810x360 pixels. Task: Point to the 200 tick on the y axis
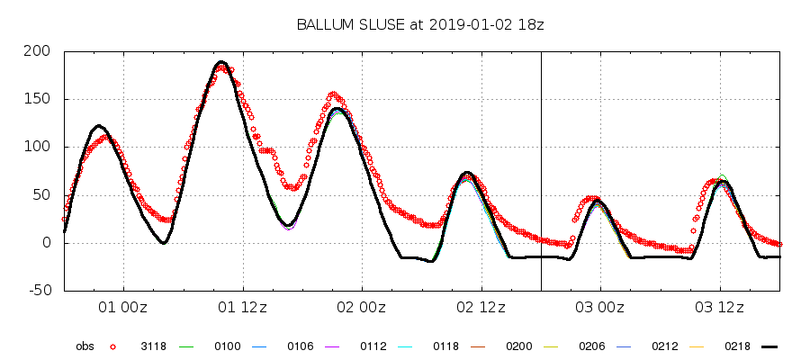[39, 51]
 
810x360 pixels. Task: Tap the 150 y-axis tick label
[39, 99]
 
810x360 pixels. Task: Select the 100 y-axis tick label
[39, 147]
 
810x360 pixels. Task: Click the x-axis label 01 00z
[123, 308]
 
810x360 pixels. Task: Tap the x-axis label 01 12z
[243, 308]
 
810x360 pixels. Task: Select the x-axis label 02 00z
[363, 308]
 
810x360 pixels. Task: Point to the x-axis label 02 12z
[482, 308]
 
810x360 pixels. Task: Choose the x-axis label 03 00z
[601, 308]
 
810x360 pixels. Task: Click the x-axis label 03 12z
[721, 308]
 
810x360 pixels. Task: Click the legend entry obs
[85, 346]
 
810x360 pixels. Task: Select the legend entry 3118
[153, 346]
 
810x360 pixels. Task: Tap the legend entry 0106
[300, 346]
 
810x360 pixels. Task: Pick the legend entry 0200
[519, 346]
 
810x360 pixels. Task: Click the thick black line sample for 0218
[768, 346]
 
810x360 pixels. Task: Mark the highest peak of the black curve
[222, 62]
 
